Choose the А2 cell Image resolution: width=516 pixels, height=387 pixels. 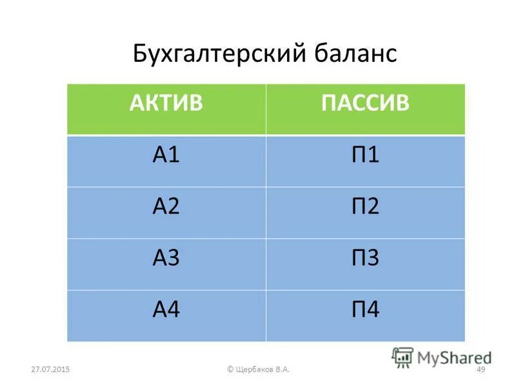click(166, 208)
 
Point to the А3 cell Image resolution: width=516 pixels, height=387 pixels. click(166, 259)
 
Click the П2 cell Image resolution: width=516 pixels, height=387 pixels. click(364, 208)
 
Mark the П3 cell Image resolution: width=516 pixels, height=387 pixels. click(364, 259)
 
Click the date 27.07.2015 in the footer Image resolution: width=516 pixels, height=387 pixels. click(50, 369)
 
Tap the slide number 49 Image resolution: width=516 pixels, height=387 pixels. click(480, 369)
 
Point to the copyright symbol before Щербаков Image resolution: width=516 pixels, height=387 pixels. click(230, 369)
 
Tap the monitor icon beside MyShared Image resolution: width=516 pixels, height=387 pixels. click(402, 356)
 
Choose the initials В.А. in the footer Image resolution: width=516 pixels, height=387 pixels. click(282, 369)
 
